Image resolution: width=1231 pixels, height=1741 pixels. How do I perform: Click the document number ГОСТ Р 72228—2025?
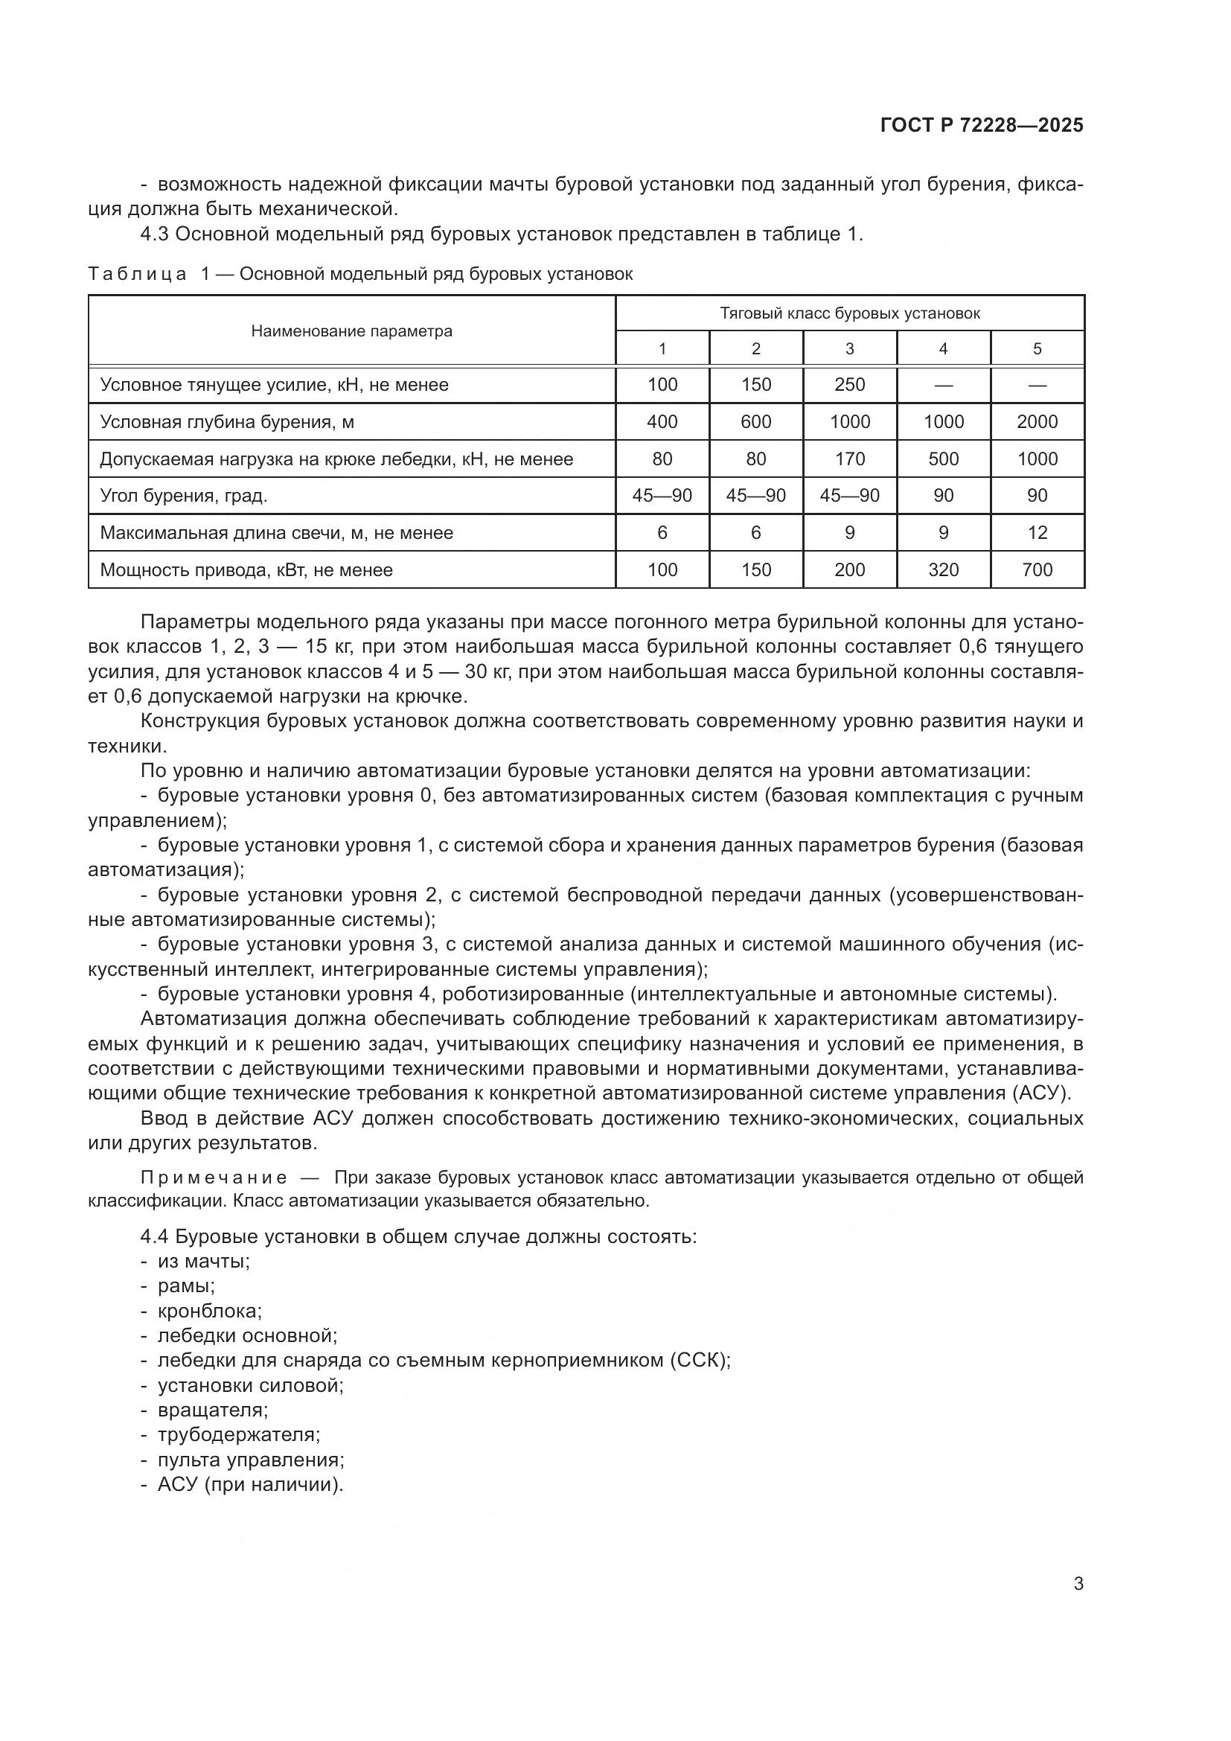coord(982,126)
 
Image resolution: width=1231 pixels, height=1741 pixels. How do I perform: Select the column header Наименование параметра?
coord(352,331)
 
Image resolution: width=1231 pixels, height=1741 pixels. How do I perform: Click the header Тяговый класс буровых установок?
coord(849,313)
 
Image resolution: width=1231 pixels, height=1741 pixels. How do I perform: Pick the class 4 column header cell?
coord(943,349)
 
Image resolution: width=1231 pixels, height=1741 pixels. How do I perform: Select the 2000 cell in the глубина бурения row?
coord(1036,421)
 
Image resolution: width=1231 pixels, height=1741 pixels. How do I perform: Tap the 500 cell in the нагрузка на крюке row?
coord(943,459)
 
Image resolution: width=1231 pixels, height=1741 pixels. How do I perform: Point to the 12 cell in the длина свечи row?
coord(1036,533)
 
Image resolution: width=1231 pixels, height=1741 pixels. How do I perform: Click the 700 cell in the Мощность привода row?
coord(1036,570)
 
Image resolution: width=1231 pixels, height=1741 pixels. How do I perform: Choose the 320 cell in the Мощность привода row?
coord(943,570)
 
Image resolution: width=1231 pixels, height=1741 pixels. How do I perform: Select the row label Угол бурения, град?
coord(183,496)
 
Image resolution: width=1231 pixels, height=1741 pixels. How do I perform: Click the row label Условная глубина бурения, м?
coord(227,421)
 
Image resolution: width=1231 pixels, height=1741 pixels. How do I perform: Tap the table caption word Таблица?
coord(137,274)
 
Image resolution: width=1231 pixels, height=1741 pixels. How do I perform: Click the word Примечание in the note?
coord(214,1178)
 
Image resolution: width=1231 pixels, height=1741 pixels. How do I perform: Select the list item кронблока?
coord(209,1311)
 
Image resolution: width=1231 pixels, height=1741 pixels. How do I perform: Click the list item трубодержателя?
coord(238,1434)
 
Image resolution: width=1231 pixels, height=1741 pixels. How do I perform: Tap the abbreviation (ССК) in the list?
coord(699,1361)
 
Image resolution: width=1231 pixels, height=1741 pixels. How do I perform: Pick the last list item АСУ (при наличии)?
coord(250,1484)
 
